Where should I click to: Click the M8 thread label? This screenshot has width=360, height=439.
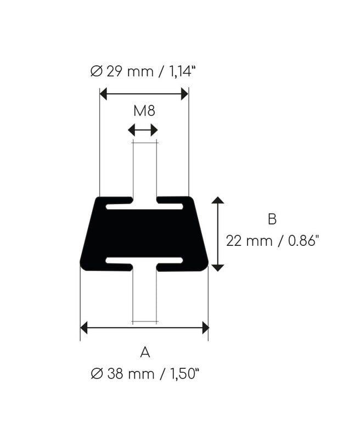point(144,111)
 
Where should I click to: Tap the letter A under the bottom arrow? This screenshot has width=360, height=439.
point(145,352)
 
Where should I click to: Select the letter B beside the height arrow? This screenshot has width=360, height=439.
point(272,219)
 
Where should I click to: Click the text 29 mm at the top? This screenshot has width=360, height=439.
point(130,72)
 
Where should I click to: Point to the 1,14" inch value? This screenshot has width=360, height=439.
point(181,72)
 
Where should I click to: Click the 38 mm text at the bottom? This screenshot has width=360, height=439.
point(131,374)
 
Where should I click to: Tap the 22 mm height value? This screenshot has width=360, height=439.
point(249,241)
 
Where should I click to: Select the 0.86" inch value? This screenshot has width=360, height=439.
point(303,241)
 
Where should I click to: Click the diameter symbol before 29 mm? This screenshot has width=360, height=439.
point(97,72)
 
